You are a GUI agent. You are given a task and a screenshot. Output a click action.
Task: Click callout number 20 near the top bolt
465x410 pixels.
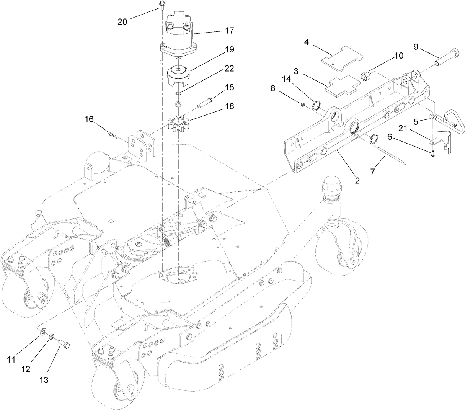coord(122,22)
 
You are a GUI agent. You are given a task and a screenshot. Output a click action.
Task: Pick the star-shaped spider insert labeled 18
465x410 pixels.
coord(179,125)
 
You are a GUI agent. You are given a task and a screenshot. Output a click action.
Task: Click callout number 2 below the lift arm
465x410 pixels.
coord(357,180)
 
